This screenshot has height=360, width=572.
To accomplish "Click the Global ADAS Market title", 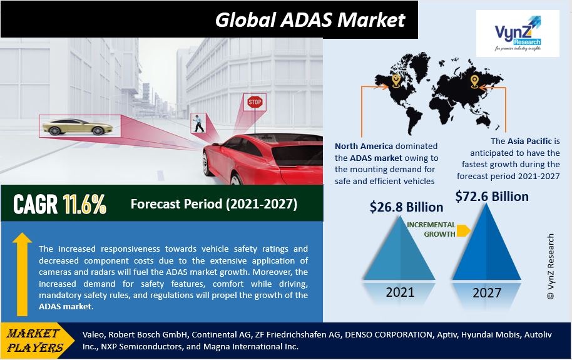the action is [310, 19].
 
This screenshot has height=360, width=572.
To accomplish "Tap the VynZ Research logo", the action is [518, 33].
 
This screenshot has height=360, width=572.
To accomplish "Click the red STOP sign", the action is [255, 102].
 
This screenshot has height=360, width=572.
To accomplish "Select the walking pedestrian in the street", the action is [198, 123].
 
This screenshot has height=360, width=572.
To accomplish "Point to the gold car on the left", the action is [78, 126].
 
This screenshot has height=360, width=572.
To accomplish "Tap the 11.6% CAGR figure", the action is [84, 203].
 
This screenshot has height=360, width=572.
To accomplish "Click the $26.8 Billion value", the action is [406, 207].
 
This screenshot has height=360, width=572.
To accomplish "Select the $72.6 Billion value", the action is [492, 197].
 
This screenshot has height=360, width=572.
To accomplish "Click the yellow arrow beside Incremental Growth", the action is [463, 230].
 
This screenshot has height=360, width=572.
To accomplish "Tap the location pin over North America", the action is [396, 81].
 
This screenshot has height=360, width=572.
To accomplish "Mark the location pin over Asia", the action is [474, 81].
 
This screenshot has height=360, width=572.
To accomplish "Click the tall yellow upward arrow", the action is [22, 274].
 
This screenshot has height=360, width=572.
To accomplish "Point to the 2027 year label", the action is [487, 293].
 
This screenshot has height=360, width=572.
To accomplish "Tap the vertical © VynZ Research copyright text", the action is [551, 267].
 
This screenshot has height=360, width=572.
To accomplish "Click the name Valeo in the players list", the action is [93, 334].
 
